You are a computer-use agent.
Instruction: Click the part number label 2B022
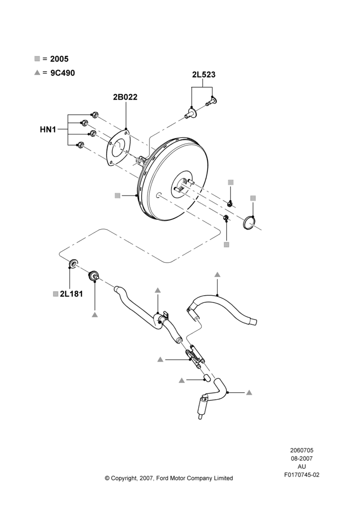pos(125,97)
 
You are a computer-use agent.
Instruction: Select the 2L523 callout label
pos(203,75)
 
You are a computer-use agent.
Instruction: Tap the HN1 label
pos(48,130)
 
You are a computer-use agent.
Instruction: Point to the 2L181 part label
pos(71,294)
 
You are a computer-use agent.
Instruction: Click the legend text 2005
pos(59,58)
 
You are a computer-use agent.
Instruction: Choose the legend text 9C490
pos(63,73)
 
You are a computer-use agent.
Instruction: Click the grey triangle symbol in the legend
pos(37,73)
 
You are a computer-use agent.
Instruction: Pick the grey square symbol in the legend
pos(37,58)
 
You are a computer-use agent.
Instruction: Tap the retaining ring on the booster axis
pos(249,223)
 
